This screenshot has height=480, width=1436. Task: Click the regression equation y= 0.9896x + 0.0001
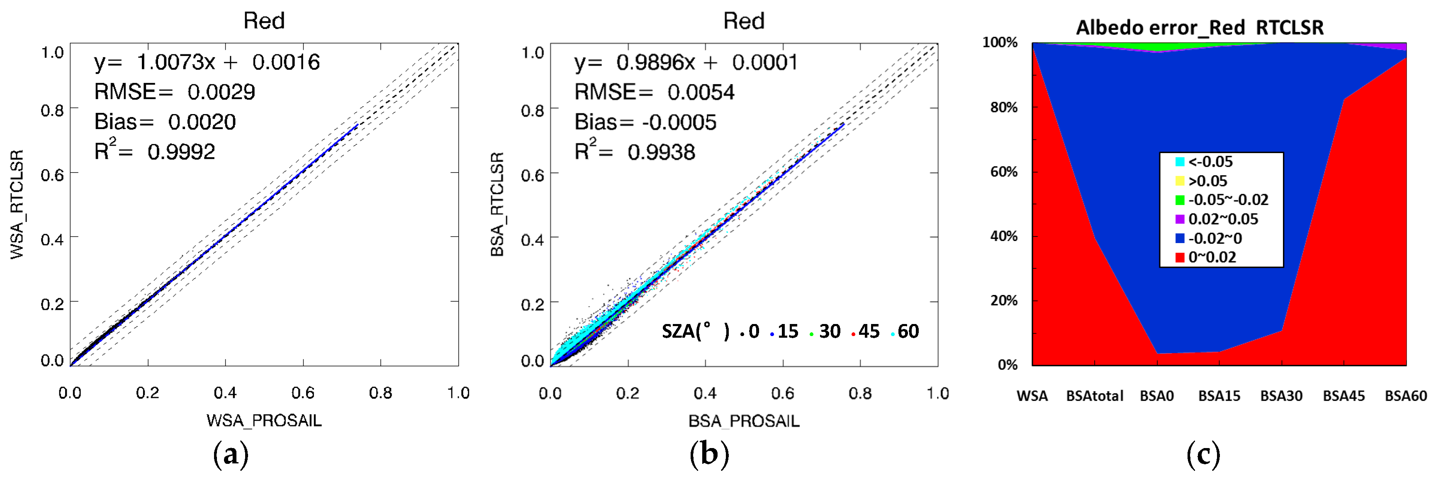point(686,63)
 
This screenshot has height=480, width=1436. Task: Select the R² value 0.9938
point(661,152)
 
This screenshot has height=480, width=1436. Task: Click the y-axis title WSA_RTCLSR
point(17,204)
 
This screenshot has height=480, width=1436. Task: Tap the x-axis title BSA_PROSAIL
point(744,421)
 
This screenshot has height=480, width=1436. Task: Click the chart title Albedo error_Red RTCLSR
point(1199,27)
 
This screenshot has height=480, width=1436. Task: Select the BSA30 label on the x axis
point(1281,396)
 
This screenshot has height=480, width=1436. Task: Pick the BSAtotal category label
point(1094,396)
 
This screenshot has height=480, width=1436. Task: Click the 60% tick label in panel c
point(1003,172)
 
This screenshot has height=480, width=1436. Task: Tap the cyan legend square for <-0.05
point(1180,162)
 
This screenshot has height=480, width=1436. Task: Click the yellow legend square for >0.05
point(1180,180)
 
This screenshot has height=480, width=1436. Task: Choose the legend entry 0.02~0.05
point(1222,219)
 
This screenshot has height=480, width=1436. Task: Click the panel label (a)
point(230,454)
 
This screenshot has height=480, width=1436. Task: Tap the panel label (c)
point(1203,454)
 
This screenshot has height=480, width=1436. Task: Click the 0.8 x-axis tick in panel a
point(380,393)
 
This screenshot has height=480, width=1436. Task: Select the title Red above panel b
point(744,21)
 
